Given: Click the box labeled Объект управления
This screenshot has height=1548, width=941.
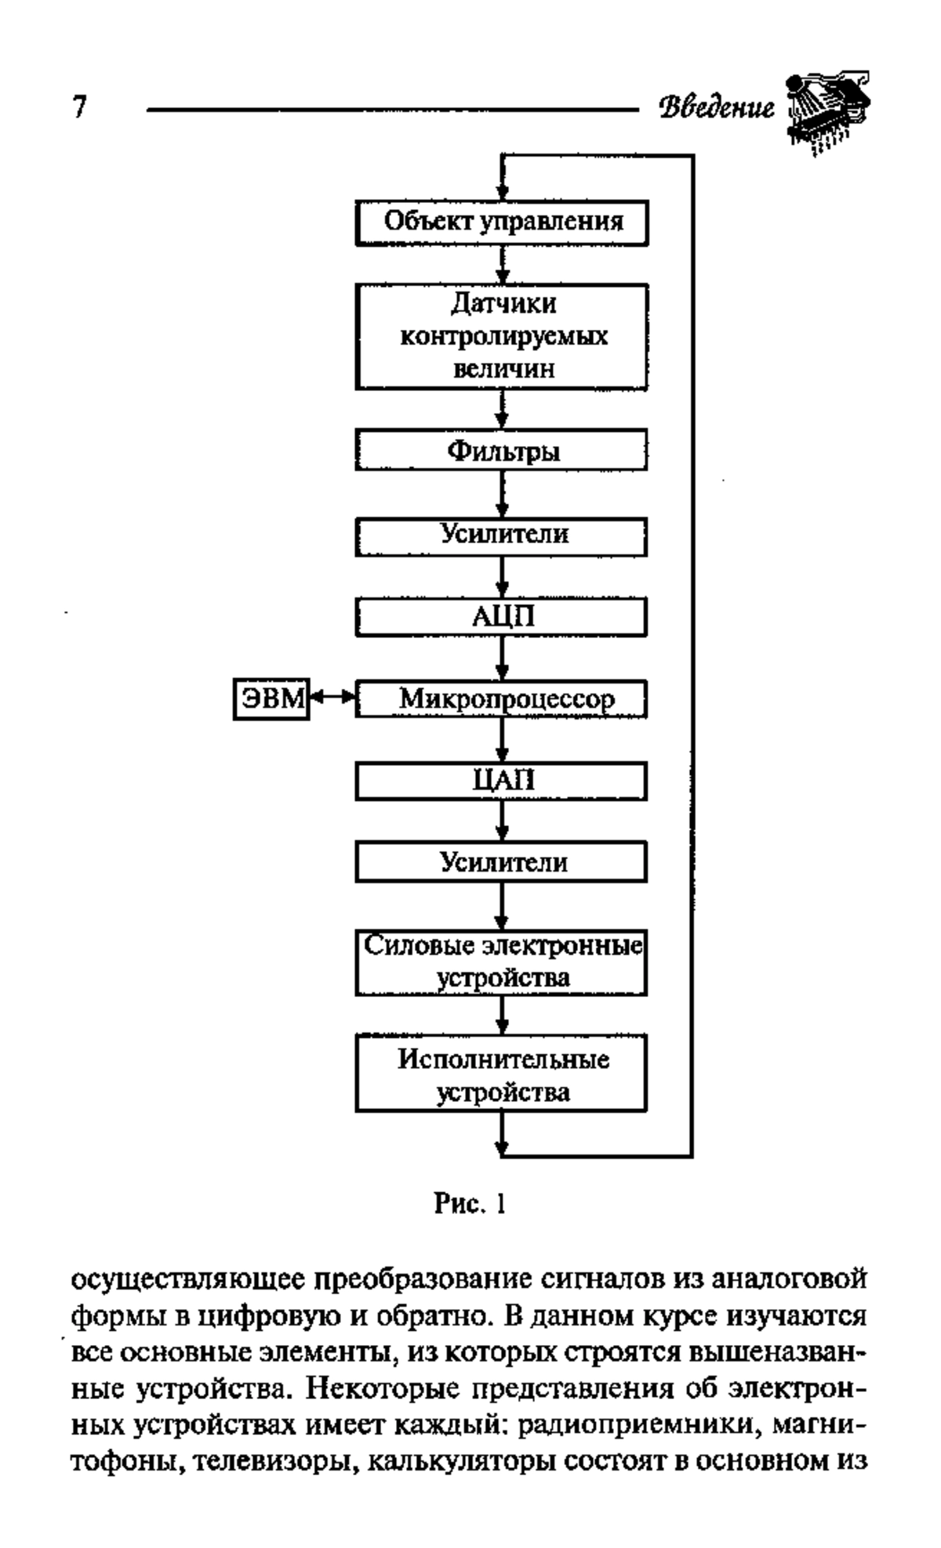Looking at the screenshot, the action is pos(502,223).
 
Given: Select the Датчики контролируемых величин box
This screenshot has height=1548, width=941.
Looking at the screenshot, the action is pos(502,337).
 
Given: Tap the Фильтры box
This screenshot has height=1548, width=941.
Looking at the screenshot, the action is pos(502,450).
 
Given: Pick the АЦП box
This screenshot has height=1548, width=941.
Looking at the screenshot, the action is pos(502,617).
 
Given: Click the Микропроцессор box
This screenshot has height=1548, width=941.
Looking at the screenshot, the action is pos(502,699).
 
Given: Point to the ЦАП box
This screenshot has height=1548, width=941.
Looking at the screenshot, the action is pos(502,781).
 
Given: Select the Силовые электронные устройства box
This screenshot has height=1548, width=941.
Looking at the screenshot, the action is pos(502,963).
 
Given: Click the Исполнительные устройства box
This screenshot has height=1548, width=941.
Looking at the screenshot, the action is pos(502,1073).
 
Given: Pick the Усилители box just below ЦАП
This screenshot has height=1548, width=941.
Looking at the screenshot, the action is pos(502,862).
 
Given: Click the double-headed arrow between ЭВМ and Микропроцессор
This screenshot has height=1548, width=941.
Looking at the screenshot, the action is pos(333,696).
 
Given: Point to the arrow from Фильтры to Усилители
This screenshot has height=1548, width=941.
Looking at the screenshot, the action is pos(503,494).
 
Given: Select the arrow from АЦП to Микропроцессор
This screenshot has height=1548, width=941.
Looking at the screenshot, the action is pos(503,658).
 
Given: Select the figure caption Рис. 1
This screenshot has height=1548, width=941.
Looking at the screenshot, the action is pos(470,1202).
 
